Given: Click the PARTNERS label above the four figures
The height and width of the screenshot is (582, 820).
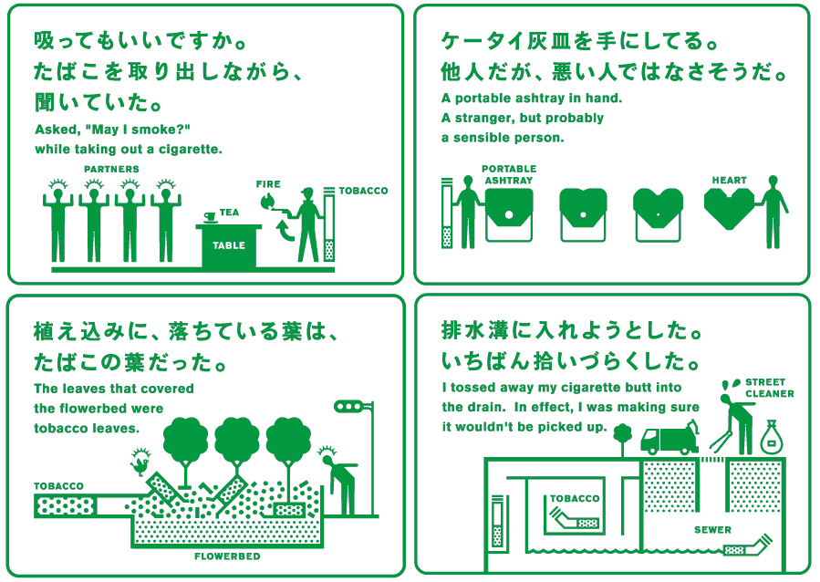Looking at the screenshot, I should pos(111,169).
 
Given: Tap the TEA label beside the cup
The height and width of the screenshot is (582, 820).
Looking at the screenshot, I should pos(229,213).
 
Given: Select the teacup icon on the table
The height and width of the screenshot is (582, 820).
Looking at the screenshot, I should pos(209,216).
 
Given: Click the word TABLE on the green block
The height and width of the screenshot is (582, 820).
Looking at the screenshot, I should pos(229,245).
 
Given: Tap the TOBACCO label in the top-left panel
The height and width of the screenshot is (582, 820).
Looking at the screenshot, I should pos(363,192).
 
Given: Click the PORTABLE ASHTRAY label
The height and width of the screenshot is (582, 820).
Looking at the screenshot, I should pos(508,174).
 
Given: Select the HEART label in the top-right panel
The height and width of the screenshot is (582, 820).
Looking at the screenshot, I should pos(729,181).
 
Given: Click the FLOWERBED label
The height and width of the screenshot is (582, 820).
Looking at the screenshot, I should pos(227,556).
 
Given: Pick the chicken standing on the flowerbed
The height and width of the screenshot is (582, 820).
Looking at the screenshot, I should pos(140,463).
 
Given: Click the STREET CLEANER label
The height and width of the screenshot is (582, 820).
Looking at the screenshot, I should pos(769,389).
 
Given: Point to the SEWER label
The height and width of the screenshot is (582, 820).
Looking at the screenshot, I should pos(711,530).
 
